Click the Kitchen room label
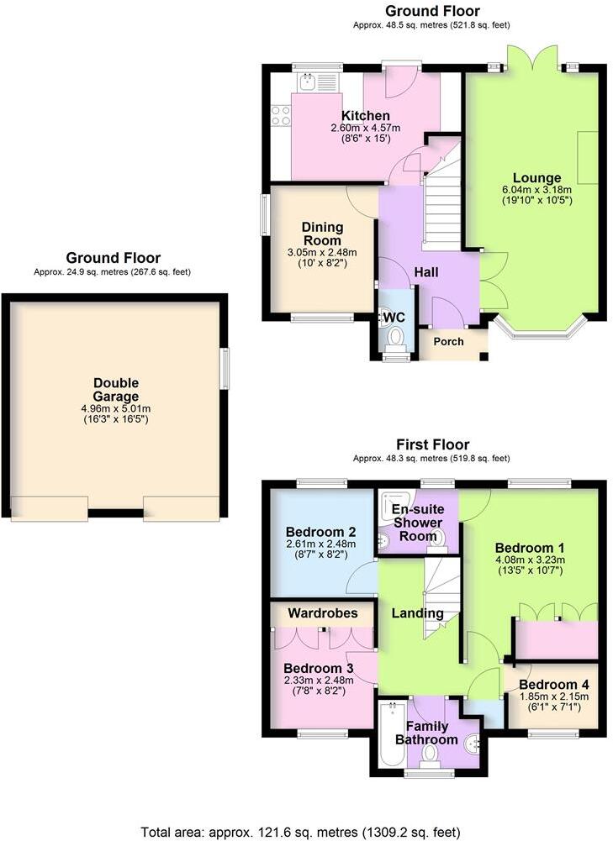365,116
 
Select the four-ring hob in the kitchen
281,115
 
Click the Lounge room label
537,178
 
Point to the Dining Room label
323,233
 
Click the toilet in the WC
394,339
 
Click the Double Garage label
116,390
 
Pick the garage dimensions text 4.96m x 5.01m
116,408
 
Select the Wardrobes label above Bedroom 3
323,613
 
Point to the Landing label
418,613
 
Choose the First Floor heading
432,444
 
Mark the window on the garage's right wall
225,369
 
